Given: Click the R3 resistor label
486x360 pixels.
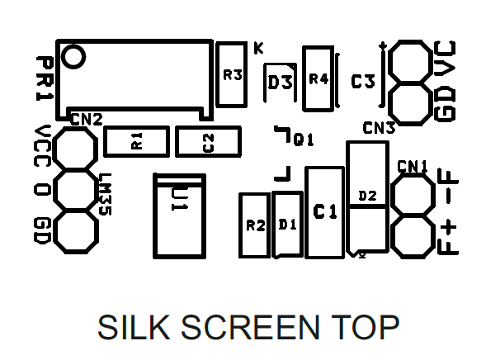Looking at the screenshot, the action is [233, 75].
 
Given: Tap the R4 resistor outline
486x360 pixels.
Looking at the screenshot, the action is [304, 78].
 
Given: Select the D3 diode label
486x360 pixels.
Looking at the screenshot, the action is [280, 83].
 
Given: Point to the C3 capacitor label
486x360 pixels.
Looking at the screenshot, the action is [363, 82].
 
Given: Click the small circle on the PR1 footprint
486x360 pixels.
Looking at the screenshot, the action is [73, 57].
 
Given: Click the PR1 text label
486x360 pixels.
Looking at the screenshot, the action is [45, 78].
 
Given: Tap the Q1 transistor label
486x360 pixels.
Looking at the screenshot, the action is [303, 140].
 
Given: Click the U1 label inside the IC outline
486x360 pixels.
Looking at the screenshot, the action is [179, 199].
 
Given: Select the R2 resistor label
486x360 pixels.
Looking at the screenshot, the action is [256, 225].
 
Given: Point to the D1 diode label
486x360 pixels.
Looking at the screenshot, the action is [288, 225].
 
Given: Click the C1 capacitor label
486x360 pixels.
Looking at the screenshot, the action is [325, 211].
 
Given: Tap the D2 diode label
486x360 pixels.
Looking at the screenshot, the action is [368, 196].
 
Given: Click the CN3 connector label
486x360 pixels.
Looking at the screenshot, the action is [379, 128].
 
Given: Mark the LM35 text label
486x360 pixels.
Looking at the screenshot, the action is [106, 194].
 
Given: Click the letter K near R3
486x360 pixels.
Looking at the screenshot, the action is [258, 48].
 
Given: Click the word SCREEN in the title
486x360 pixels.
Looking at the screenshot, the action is [250, 327].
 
